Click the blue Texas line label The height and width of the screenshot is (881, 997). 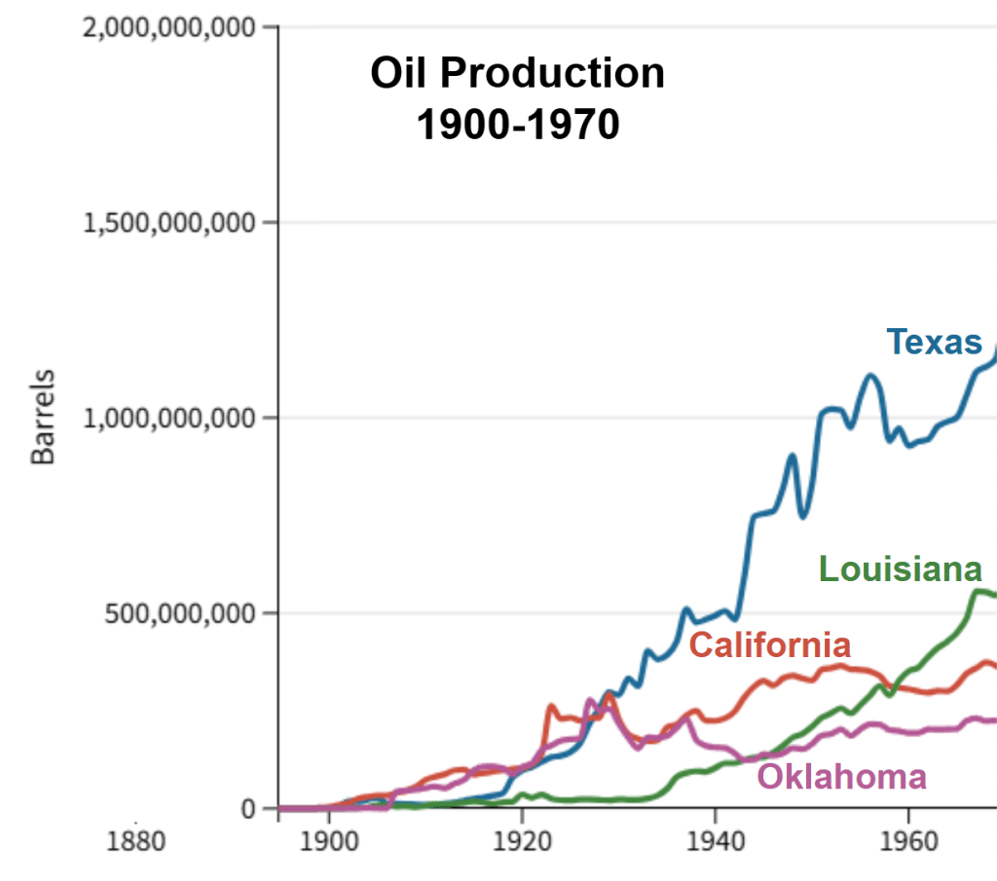[934, 343]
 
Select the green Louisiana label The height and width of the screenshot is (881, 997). [900, 569]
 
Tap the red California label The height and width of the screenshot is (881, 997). [769, 644]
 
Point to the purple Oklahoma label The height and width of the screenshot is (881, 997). [841, 777]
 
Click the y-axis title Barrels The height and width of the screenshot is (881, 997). [44, 416]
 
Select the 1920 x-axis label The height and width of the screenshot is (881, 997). [522, 839]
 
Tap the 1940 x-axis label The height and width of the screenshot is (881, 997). [716, 839]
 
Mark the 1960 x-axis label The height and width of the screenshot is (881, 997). [908, 839]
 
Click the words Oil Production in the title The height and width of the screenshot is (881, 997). [517, 74]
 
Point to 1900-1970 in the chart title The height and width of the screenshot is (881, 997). [517, 125]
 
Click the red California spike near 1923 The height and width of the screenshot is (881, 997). [551, 707]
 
